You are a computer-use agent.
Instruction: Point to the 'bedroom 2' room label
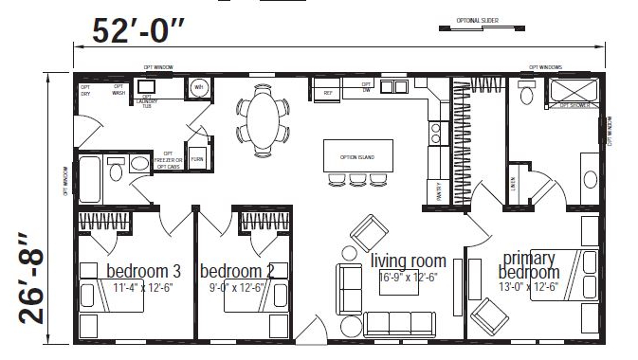click(x=237, y=270)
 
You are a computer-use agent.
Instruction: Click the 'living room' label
click(x=408, y=261)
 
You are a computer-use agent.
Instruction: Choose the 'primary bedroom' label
click(x=528, y=265)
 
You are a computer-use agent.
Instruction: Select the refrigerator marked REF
click(x=328, y=93)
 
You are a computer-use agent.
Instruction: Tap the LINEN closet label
click(x=513, y=179)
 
